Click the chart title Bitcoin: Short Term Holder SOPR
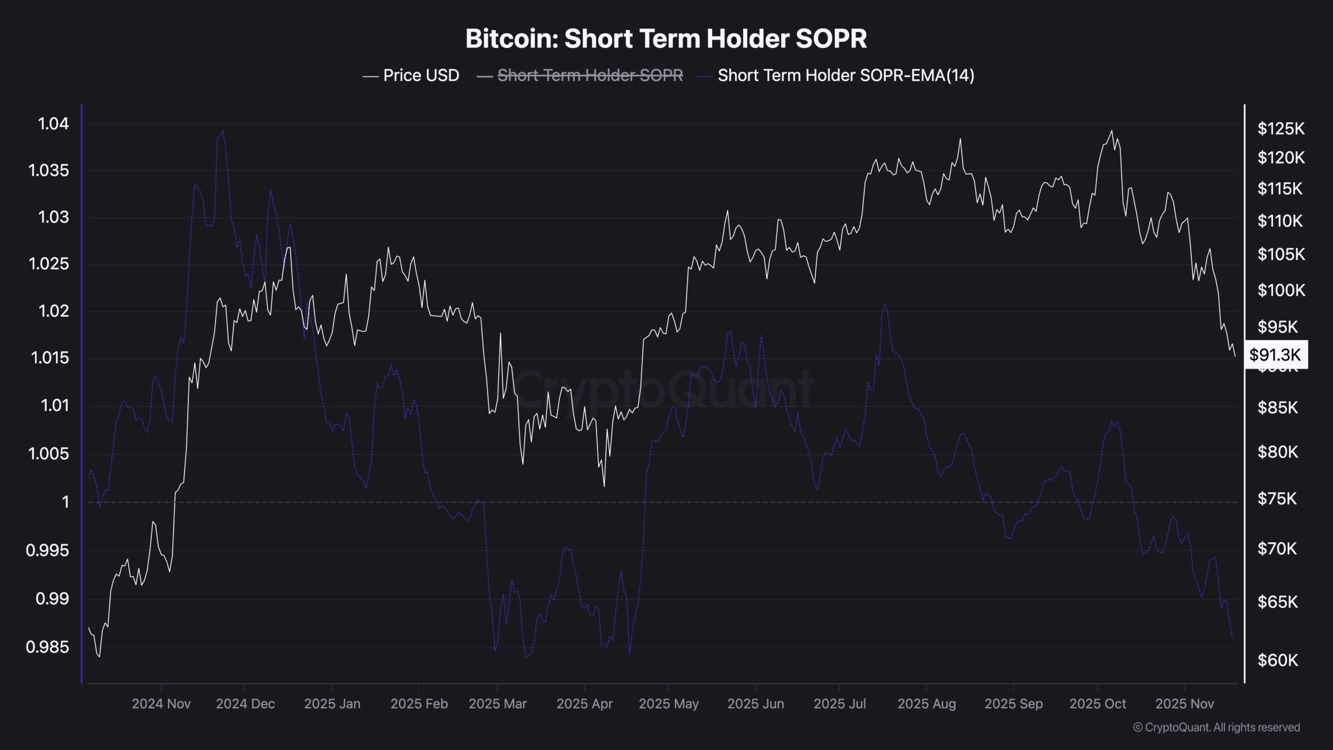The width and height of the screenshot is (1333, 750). point(666,39)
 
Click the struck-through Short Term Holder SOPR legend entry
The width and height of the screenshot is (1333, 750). point(590,76)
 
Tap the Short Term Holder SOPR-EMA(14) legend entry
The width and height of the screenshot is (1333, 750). point(846,76)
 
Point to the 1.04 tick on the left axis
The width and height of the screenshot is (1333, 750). point(53,124)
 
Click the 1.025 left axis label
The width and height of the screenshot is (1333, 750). point(48,264)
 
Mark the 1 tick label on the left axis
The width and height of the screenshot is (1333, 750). point(65,502)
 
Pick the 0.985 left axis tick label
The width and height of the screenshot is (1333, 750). point(47,647)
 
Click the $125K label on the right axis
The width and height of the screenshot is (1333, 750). point(1281,129)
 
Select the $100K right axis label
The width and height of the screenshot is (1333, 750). point(1281,290)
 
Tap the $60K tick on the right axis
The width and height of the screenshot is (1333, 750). point(1278,660)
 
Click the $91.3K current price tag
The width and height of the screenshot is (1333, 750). point(1275,355)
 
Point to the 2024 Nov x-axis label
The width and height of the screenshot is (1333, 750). point(161,704)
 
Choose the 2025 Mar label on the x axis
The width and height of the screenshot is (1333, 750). point(497,704)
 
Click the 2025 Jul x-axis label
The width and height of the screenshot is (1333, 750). point(839,704)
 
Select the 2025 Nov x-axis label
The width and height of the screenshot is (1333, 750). point(1185,704)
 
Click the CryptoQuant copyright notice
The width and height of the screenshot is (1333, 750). point(1216,728)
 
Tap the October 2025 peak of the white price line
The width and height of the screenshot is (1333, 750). point(1112,131)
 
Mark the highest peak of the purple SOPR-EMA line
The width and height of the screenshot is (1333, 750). point(223,131)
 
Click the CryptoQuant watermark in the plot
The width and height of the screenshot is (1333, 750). point(664,388)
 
